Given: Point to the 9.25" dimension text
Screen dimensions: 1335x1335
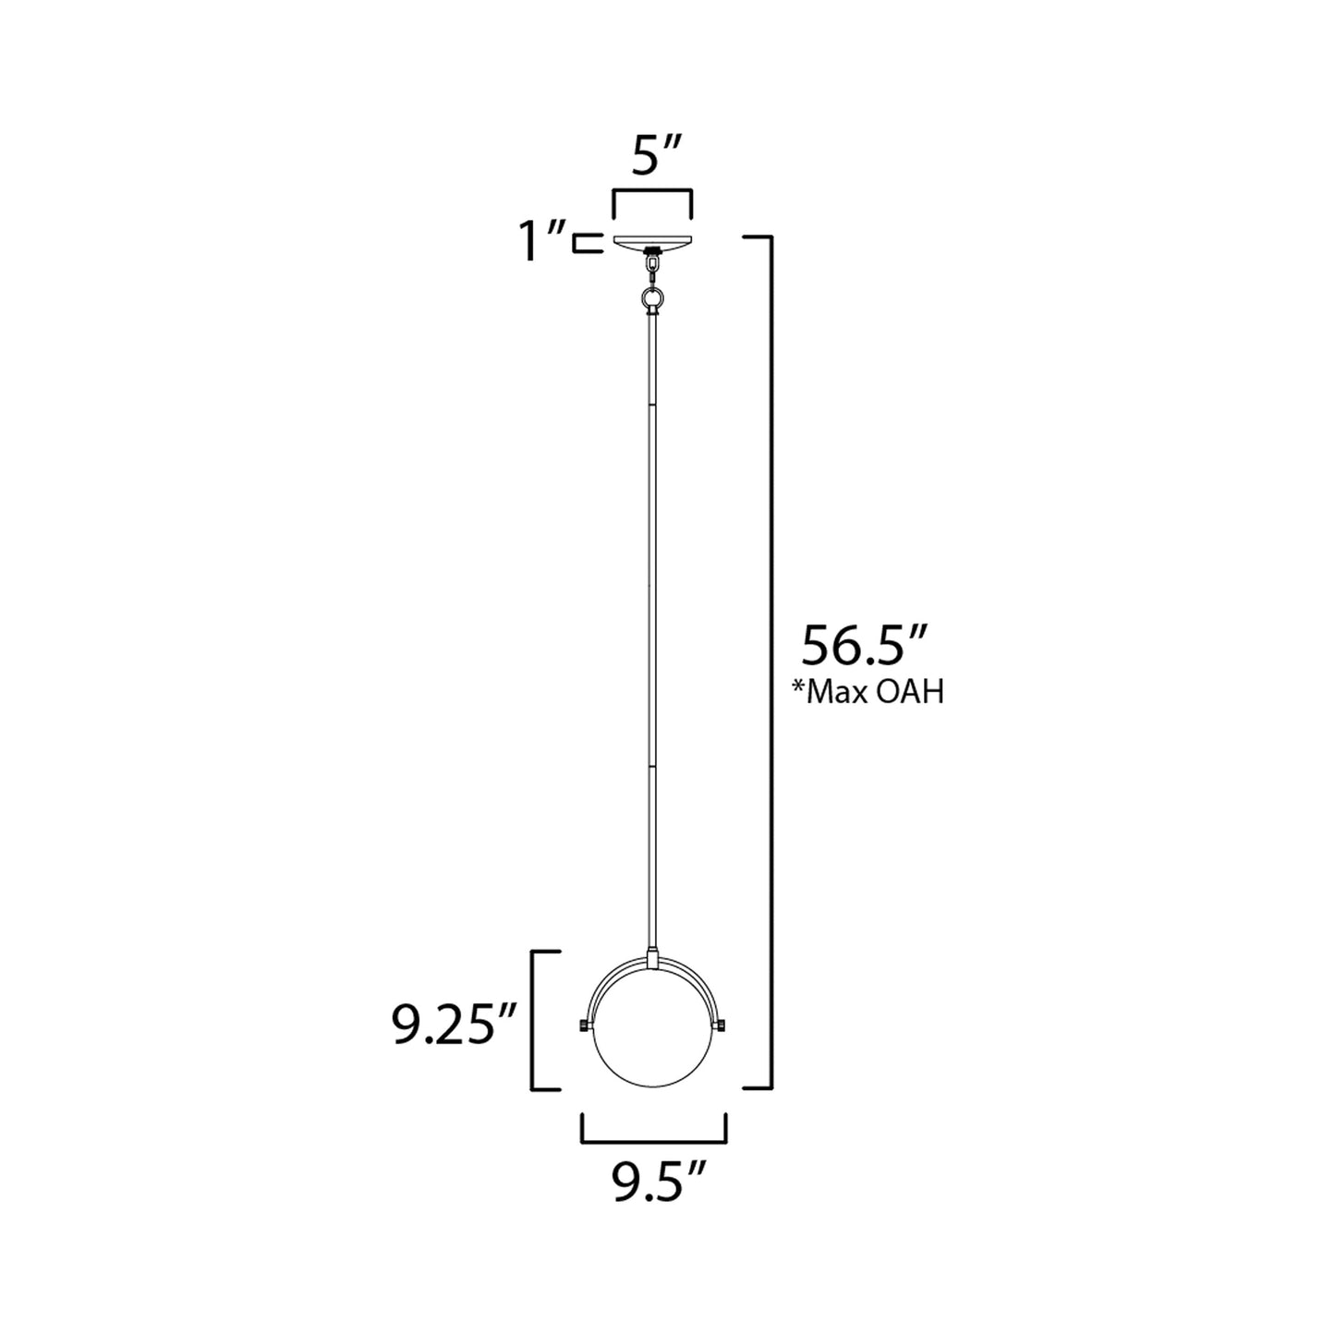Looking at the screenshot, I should pos(454,1027).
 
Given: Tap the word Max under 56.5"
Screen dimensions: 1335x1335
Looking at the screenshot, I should pos(838,692).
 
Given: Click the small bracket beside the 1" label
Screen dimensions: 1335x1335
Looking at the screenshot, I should pos(582,243).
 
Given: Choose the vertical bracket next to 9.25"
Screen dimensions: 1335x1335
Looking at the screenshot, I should pos(533,1020).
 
